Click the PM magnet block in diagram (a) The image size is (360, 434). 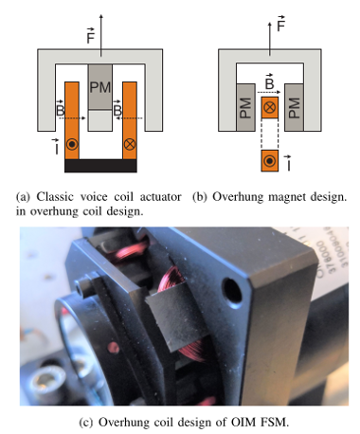coord(100,87)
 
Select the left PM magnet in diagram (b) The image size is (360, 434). coord(245,107)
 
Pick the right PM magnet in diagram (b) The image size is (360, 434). coord(294,107)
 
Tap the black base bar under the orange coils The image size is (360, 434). coord(100,166)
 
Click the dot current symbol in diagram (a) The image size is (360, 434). coord(72,144)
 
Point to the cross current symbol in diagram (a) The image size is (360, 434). coord(130,144)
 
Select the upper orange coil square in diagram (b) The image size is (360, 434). coord(270,107)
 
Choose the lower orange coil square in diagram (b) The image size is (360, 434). coord(270,161)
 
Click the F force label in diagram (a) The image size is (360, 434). coord(91,36)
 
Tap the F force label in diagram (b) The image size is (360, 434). coord(280,24)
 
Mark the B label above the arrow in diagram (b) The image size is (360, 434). coord(269,81)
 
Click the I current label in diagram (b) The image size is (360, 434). coord(288,163)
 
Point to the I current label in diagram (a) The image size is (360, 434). coord(56,147)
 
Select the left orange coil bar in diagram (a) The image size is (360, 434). coord(72,120)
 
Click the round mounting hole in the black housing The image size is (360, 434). coord(232,289)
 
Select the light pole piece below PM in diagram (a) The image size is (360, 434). coord(100,120)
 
